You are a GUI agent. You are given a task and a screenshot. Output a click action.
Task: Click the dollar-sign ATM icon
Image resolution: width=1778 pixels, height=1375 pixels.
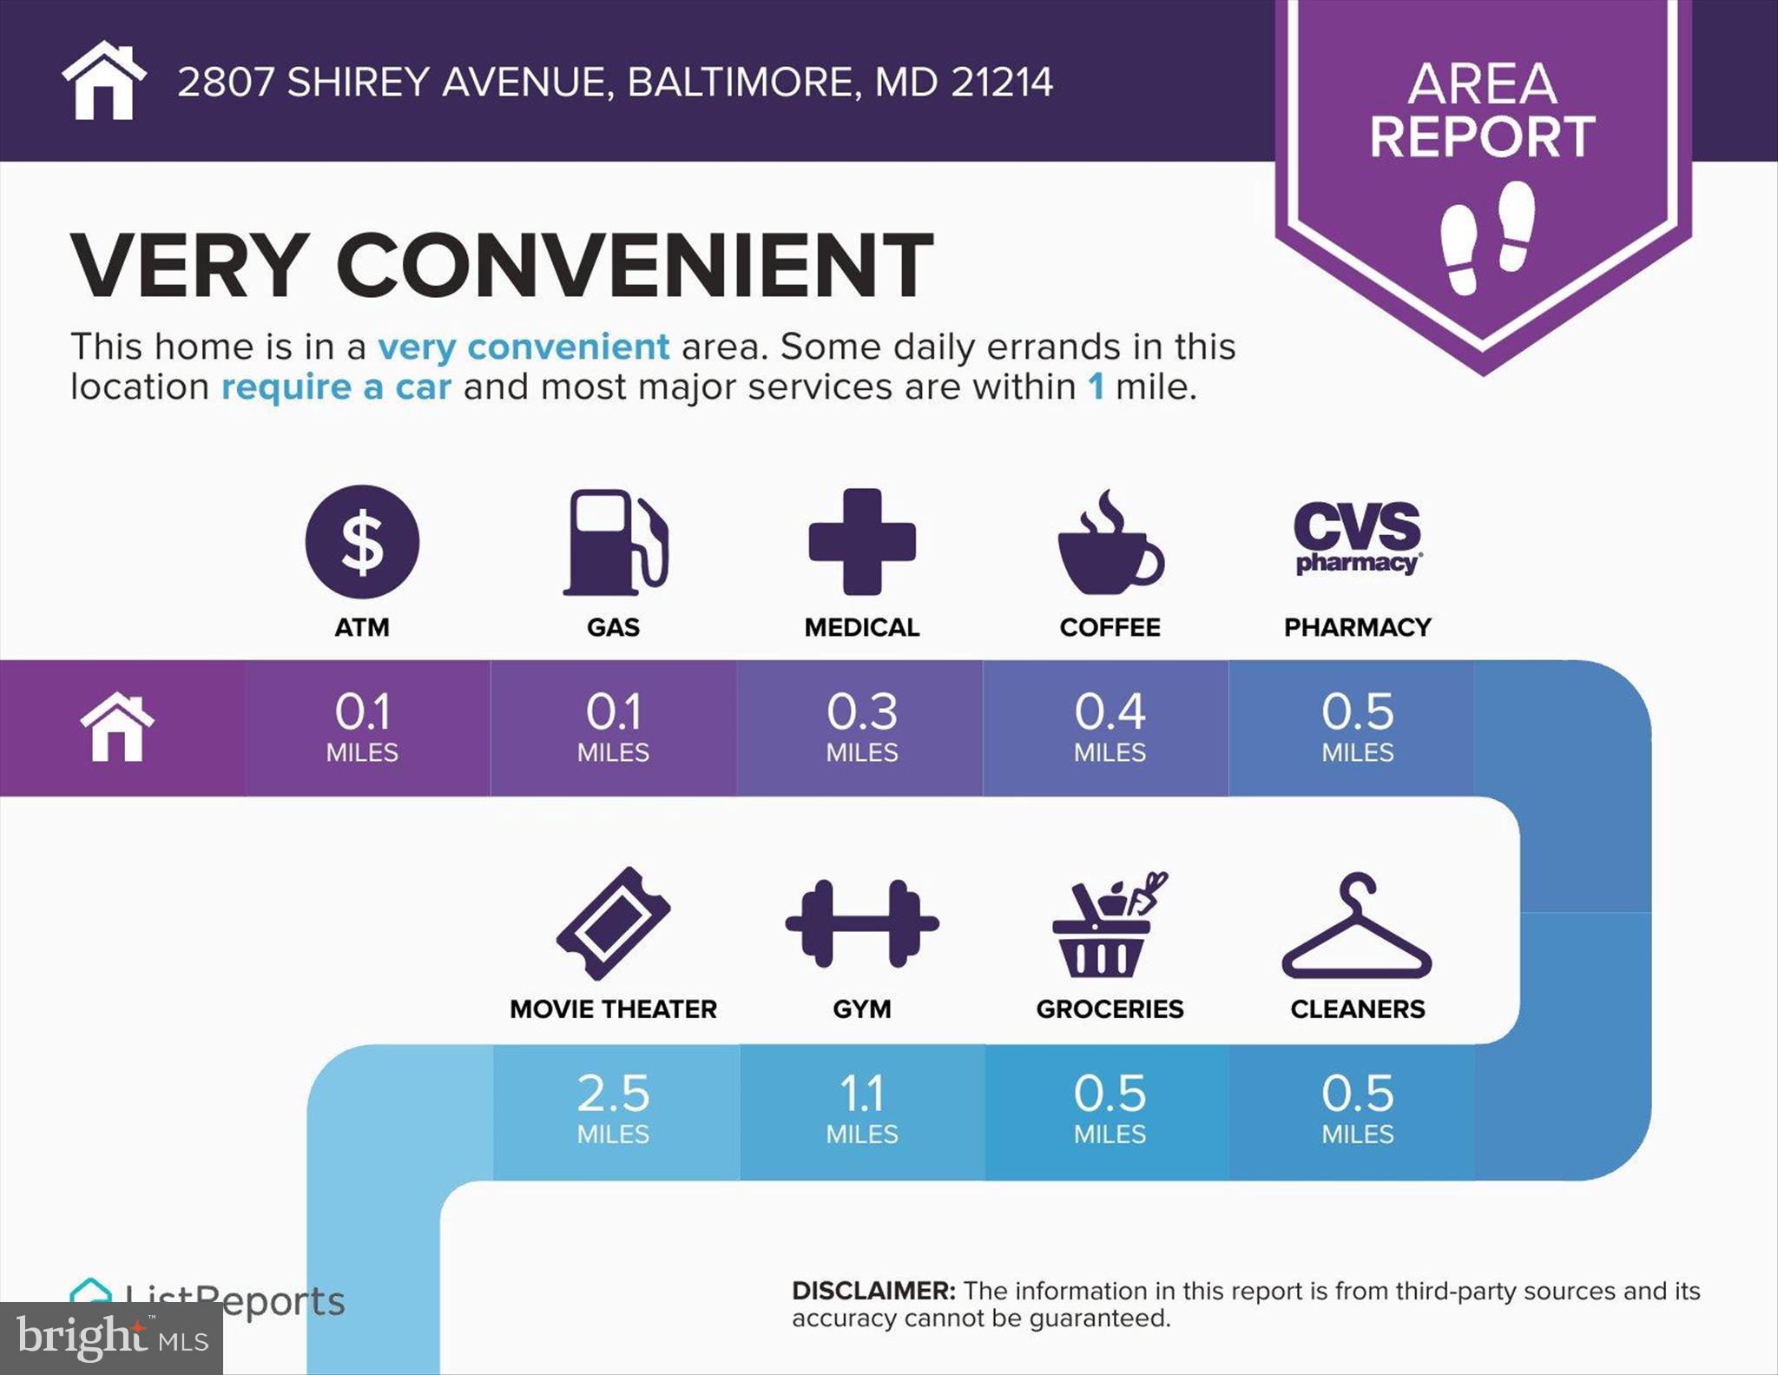point(362,542)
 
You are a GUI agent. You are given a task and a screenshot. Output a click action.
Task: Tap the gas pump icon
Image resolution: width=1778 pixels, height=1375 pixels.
point(615,542)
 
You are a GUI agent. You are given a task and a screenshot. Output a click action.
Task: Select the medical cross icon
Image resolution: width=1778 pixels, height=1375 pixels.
point(862,542)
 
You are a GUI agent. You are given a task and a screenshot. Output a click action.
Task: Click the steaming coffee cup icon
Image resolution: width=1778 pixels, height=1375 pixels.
point(1110,545)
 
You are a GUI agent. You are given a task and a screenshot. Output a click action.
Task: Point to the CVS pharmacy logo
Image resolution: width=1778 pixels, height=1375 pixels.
point(1358,538)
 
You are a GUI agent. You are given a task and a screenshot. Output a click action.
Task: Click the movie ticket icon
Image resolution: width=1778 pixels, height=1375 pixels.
point(613,923)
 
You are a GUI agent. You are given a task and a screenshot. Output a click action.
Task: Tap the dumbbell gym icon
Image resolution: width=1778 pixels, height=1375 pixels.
point(862,923)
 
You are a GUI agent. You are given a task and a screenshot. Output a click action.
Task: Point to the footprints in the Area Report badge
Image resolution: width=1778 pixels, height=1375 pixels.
point(1487,236)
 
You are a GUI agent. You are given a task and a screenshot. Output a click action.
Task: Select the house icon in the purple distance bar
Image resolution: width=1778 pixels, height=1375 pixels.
point(117,728)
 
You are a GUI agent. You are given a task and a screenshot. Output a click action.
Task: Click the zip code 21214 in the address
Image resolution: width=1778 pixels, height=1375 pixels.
point(1002,83)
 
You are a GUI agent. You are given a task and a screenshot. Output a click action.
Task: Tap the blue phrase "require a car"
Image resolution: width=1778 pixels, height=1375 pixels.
point(336,387)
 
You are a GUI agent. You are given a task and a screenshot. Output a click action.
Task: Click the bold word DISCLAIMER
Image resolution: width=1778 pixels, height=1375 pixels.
point(873,1291)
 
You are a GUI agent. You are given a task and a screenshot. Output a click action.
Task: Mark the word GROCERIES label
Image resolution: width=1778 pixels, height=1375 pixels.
point(1110,1008)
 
